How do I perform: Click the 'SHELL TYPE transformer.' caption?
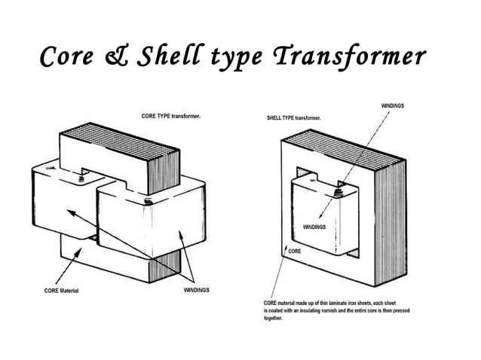point(294,119)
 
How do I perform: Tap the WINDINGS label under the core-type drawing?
point(196,290)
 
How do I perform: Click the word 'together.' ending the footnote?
point(273,319)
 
